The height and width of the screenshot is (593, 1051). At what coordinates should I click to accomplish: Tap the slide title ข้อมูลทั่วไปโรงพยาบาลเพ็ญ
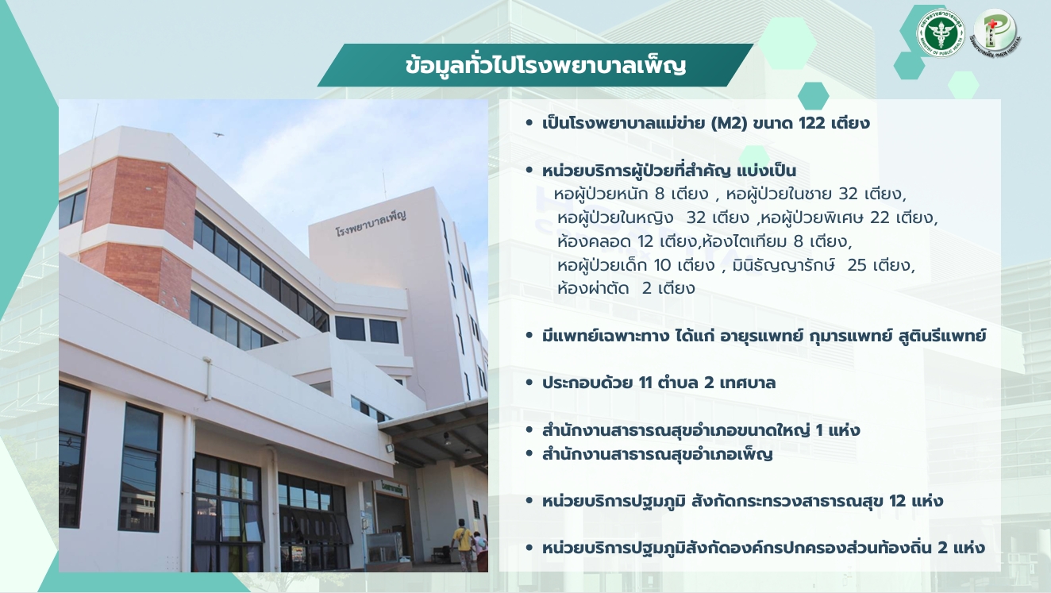[545, 66]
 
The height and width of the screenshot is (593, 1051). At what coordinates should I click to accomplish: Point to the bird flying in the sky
[218, 135]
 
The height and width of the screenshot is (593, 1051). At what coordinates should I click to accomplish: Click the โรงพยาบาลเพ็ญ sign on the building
[371, 223]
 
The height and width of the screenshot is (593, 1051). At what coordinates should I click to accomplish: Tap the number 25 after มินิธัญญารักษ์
[857, 265]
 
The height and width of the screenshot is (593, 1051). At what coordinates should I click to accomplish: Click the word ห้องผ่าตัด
[593, 287]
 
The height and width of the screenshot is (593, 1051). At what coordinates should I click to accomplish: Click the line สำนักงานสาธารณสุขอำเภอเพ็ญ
[657, 454]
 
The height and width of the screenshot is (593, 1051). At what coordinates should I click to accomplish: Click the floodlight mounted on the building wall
[390, 449]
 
